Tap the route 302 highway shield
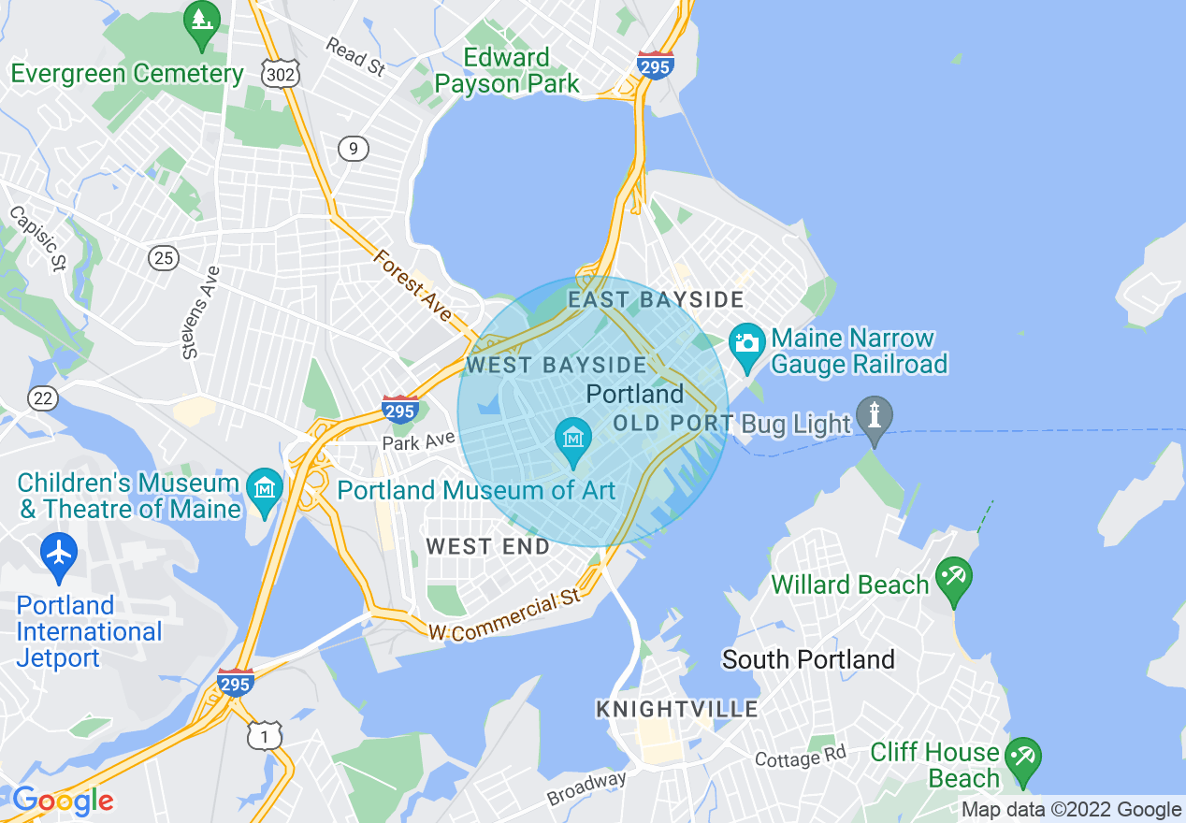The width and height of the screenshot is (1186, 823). point(280,75)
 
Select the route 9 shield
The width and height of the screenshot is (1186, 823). point(353,148)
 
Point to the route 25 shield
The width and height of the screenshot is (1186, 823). point(164,257)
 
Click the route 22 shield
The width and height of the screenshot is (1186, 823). point(42,398)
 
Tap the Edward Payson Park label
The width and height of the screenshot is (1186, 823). point(507,70)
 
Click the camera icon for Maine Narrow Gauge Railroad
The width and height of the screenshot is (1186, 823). point(746,342)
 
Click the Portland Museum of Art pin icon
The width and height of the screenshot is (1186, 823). point(572,438)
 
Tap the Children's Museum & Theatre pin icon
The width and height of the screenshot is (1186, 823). point(266,487)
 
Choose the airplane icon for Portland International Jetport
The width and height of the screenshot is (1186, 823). point(59,553)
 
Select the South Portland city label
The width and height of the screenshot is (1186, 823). point(808,659)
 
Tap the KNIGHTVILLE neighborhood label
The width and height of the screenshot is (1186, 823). point(677,710)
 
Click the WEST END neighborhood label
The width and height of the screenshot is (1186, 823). point(488,547)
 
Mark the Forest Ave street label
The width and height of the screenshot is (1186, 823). point(412,284)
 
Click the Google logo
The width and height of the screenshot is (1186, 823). point(63,801)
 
